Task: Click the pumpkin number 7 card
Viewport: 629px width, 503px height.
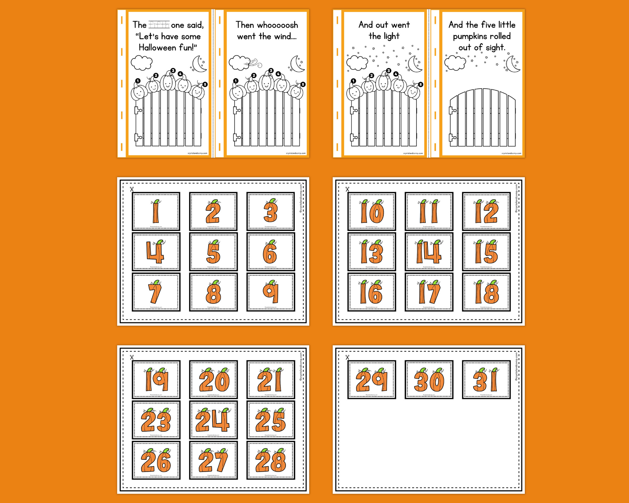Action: click(x=156, y=292)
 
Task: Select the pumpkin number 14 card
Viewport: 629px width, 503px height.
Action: click(x=429, y=252)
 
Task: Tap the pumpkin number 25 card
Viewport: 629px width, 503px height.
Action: click(x=271, y=420)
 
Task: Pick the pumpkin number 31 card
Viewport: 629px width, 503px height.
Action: click(x=486, y=380)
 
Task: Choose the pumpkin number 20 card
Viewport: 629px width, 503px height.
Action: click(x=213, y=380)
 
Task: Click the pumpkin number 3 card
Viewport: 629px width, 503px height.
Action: click(x=271, y=211)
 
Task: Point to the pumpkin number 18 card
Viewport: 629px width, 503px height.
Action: click(x=486, y=292)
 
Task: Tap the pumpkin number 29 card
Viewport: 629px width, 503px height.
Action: click(x=372, y=380)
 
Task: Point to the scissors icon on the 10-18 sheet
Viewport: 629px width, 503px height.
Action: click(x=347, y=189)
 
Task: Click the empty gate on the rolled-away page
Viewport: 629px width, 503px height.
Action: click(x=482, y=118)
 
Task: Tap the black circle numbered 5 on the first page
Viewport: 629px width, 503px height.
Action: click(x=205, y=84)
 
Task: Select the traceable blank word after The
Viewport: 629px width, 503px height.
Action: click(x=159, y=25)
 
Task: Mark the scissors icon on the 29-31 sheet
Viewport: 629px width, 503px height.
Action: click(x=347, y=357)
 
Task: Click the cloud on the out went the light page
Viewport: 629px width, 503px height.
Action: click(x=357, y=63)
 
